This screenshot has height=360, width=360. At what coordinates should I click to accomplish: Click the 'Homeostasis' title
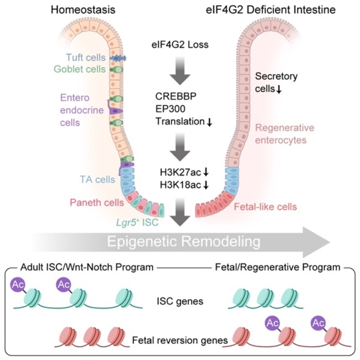[83, 10]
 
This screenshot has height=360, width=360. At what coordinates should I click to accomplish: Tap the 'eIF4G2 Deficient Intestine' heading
[271, 10]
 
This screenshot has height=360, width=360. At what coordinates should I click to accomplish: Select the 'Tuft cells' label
[86, 58]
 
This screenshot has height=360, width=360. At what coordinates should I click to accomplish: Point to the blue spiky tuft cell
[118, 59]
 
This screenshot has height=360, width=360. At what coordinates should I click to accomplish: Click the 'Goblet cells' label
[80, 69]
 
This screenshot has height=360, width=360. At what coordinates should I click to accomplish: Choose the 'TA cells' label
[97, 179]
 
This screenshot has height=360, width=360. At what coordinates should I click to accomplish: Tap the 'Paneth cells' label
[97, 203]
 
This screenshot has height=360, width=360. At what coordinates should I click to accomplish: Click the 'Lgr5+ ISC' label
[137, 222]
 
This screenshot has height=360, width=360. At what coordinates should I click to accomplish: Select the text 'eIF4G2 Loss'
[180, 44]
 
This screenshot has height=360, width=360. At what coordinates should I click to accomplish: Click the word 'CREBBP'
[176, 96]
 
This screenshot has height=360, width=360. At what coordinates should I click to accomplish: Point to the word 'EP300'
[171, 109]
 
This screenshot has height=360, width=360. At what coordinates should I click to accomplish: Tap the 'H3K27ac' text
[181, 172]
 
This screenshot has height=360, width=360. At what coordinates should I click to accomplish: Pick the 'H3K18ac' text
[181, 185]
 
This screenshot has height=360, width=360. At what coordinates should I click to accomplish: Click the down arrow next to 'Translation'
[209, 122]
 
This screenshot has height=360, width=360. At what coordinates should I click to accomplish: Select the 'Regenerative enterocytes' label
[285, 134]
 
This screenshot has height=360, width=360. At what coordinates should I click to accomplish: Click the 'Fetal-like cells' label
[265, 207]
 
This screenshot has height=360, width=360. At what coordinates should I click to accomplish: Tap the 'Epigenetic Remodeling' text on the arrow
[184, 242]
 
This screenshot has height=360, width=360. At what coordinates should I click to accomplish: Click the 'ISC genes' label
[180, 301]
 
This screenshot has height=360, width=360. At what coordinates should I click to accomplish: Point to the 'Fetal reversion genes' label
[180, 340]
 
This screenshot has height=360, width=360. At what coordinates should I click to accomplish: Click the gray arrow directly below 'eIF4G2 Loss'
[180, 71]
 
